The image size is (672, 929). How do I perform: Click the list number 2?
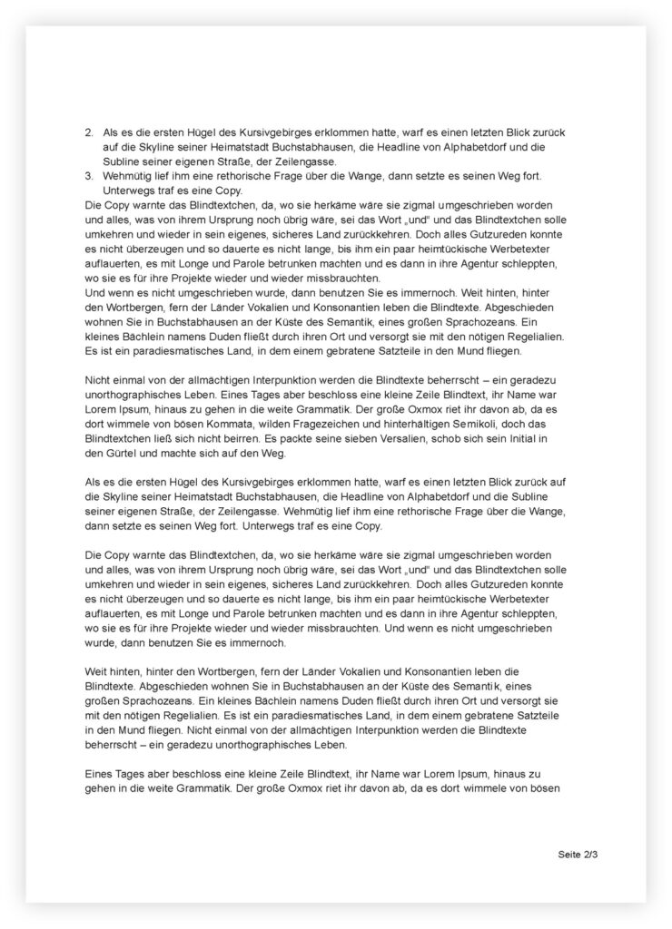pyautogui.click(x=87, y=132)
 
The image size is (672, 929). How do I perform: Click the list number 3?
pyautogui.click(x=87, y=176)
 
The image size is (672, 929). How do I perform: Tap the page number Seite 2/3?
pyautogui.click(x=578, y=855)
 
